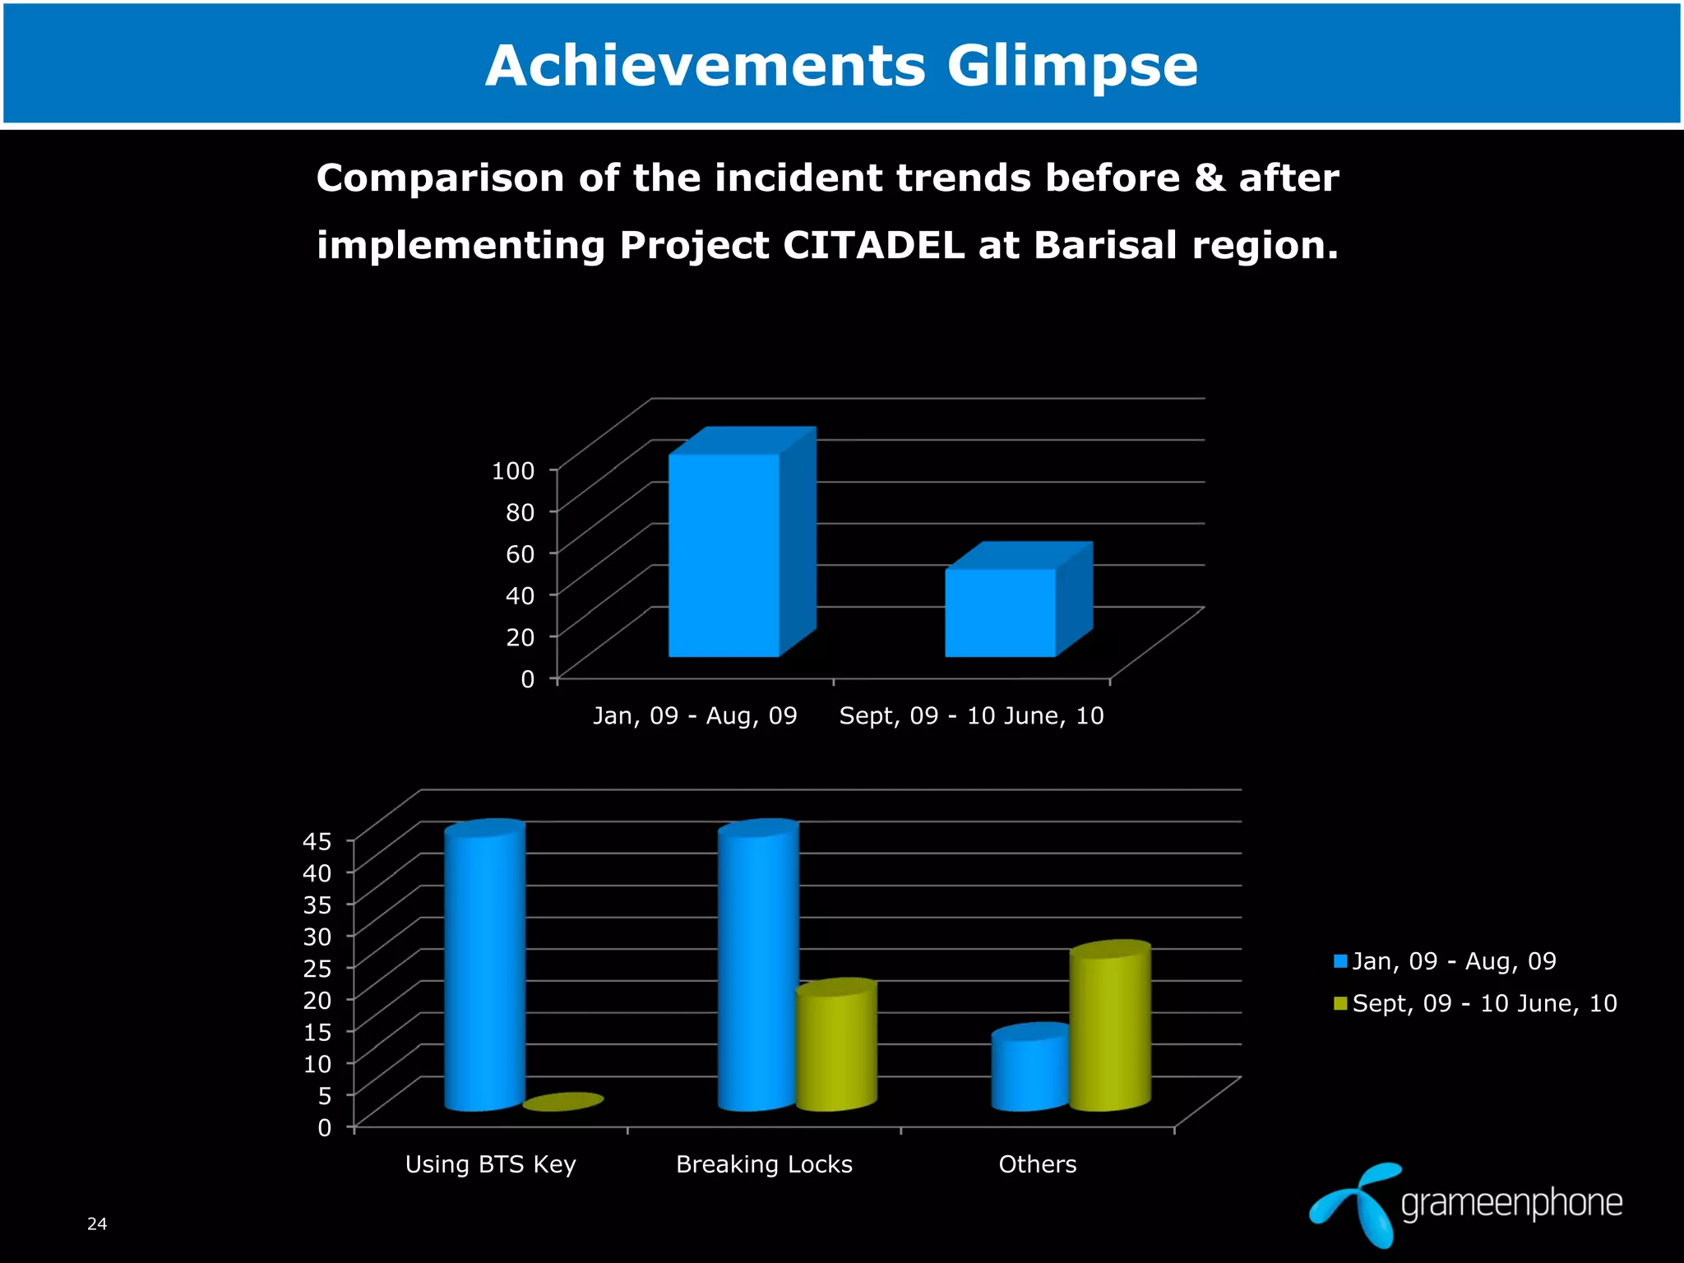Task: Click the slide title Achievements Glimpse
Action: point(841,66)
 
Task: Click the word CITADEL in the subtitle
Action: point(872,245)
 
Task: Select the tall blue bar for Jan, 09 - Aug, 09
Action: point(724,555)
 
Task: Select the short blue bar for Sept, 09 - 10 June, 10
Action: point(1000,613)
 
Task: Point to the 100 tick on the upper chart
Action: point(513,470)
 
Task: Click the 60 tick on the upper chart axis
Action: point(520,553)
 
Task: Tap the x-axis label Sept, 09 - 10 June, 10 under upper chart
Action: point(971,715)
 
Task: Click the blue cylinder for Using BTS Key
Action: point(484,970)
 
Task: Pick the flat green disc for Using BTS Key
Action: point(563,1102)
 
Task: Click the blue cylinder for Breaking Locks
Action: point(757,970)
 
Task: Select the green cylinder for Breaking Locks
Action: point(835,1048)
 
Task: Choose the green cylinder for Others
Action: point(1108,1028)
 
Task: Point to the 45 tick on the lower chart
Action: point(317,841)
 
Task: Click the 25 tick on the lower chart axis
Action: point(317,968)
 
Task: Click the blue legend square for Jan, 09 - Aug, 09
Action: point(1340,961)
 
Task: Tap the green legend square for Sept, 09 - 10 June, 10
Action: point(1340,1003)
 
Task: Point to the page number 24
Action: point(97,1224)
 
